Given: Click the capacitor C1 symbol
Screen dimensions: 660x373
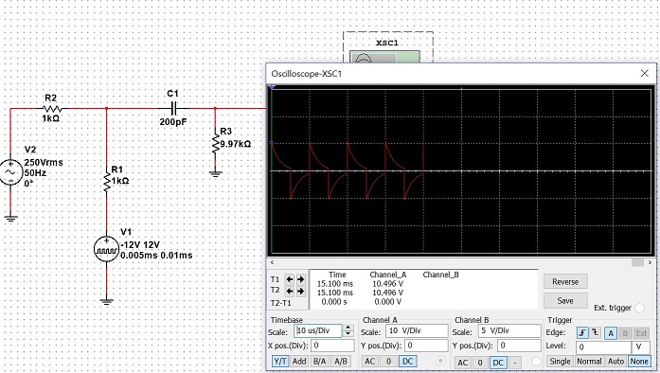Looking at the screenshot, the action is pos(173,109).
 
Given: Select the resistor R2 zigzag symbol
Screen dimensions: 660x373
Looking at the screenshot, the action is pos(52,109).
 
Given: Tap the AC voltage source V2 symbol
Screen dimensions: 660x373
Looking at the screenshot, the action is pos(11,172).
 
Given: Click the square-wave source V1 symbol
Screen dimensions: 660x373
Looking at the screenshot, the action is pos(106,249).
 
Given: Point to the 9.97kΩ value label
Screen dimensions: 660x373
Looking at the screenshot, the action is pos(235,144).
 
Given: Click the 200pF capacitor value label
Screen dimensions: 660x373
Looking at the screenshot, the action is pos(173,122).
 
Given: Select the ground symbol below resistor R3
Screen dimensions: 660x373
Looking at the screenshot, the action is pos(216,173).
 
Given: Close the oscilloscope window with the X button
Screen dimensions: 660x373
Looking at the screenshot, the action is pos(645,73).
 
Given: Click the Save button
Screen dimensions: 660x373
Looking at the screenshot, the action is pos(565,301).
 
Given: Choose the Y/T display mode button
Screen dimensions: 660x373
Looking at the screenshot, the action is pos(280,362).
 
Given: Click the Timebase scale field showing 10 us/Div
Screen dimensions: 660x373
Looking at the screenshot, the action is pos(318,331).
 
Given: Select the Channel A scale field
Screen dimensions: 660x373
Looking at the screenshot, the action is pos(417,331).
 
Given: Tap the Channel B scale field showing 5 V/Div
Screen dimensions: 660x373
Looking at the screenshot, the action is pos(509,331).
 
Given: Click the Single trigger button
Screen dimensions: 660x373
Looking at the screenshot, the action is pos(560,362).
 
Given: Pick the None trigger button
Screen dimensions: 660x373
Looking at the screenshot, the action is pos(639,362).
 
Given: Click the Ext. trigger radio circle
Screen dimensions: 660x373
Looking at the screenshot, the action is pos(639,309).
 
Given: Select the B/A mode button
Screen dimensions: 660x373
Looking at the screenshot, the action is pos(319,362).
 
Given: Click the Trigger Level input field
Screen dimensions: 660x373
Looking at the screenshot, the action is pos(603,347).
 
